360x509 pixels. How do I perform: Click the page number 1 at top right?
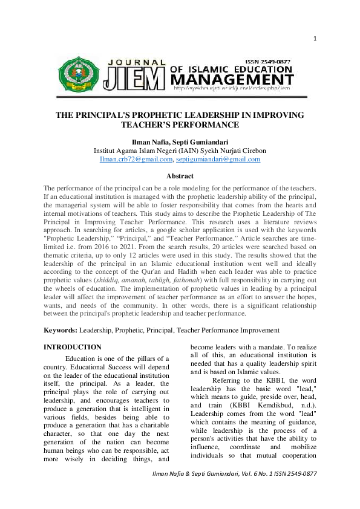315,39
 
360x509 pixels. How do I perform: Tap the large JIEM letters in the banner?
134,79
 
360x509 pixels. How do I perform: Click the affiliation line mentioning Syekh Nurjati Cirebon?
180,151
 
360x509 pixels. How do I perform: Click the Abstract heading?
180,177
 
